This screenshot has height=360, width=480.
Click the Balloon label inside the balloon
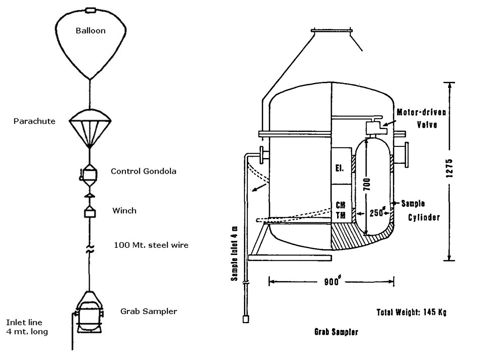click(90, 31)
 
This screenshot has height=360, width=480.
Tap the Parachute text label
click(35, 121)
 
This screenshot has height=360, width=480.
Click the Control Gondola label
click(143, 171)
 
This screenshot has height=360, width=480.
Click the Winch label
click(124, 211)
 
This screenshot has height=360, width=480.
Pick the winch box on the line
click(90, 213)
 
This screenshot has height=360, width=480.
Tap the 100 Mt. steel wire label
click(151, 245)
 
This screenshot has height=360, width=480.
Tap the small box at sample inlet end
click(245, 319)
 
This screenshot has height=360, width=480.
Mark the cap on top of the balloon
click(90, 10)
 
